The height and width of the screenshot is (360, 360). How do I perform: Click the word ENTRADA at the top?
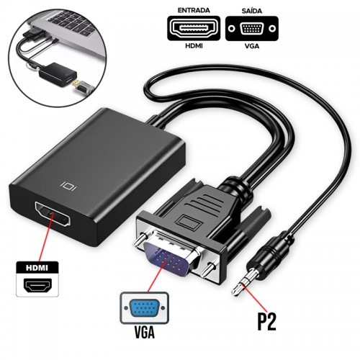194,10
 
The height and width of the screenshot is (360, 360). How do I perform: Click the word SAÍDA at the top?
252,11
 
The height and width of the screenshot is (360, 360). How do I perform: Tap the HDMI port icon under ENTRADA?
194,28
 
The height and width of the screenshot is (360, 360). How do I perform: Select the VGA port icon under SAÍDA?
252,28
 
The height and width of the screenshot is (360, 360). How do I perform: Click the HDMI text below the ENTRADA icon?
194,45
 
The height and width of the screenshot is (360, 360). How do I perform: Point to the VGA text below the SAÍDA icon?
252,45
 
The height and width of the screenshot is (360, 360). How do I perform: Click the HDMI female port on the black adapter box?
53,214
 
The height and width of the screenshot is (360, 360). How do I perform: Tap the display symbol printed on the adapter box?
68,186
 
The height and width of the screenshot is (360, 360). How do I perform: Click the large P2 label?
266,322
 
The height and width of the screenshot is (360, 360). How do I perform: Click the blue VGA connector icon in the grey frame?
144,308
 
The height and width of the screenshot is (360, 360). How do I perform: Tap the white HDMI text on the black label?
37,268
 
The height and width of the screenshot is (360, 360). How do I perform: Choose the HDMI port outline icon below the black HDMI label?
37,285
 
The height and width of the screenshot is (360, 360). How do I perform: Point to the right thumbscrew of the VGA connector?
208,270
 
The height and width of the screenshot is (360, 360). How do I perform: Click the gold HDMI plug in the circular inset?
76,84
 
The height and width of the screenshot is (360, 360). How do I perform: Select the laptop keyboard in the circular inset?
72,23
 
